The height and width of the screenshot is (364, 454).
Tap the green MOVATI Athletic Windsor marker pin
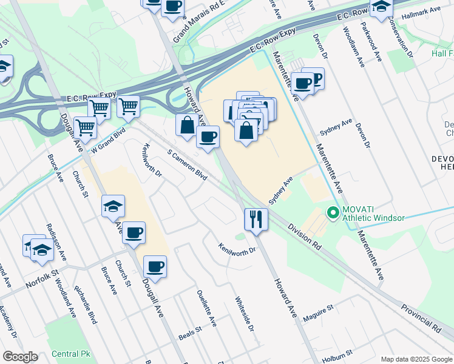(x=332, y=213)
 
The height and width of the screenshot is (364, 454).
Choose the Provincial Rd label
(x=421, y=317)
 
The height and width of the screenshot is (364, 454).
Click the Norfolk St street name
(x=41, y=281)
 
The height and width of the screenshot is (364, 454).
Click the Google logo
(x=20, y=357)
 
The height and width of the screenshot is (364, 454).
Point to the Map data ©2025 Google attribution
(x=416, y=359)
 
